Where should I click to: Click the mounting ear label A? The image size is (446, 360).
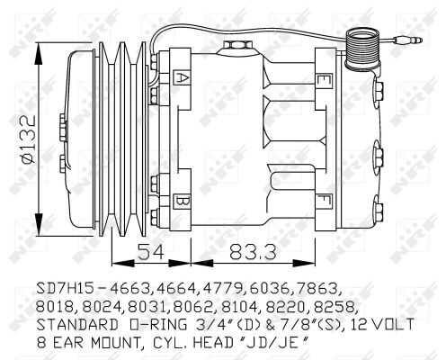coord(182,78)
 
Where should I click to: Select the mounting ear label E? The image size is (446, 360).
coord(325,81)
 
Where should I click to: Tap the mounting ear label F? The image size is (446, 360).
coord(325,202)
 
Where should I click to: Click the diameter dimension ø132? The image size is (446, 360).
coord(30,139)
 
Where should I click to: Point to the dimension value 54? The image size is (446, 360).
coord(151,251)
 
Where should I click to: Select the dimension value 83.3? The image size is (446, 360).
coord(253,251)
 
